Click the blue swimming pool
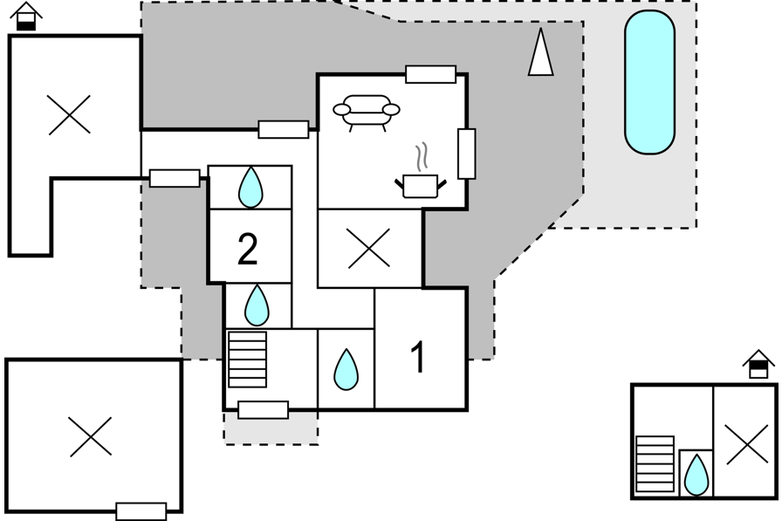(x=650, y=82)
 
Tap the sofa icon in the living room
(x=366, y=113)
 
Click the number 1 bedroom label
(x=418, y=357)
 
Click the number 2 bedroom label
(x=248, y=249)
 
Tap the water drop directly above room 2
(x=250, y=187)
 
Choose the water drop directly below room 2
(x=257, y=305)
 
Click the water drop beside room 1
(x=346, y=369)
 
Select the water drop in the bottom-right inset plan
(x=696, y=475)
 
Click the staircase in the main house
(x=247, y=360)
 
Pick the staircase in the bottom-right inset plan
(x=655, y=464)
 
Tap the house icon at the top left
(x=26, y=16)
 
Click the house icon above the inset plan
(x=758, y=364)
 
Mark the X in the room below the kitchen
(x=369, y=249)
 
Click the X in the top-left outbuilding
(x=69, y=114)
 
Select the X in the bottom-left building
(x=91, y=436)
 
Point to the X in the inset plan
(x=747, y=444)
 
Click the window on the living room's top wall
(x=431, y=74)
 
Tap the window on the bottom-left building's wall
(x=141, y=511)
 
